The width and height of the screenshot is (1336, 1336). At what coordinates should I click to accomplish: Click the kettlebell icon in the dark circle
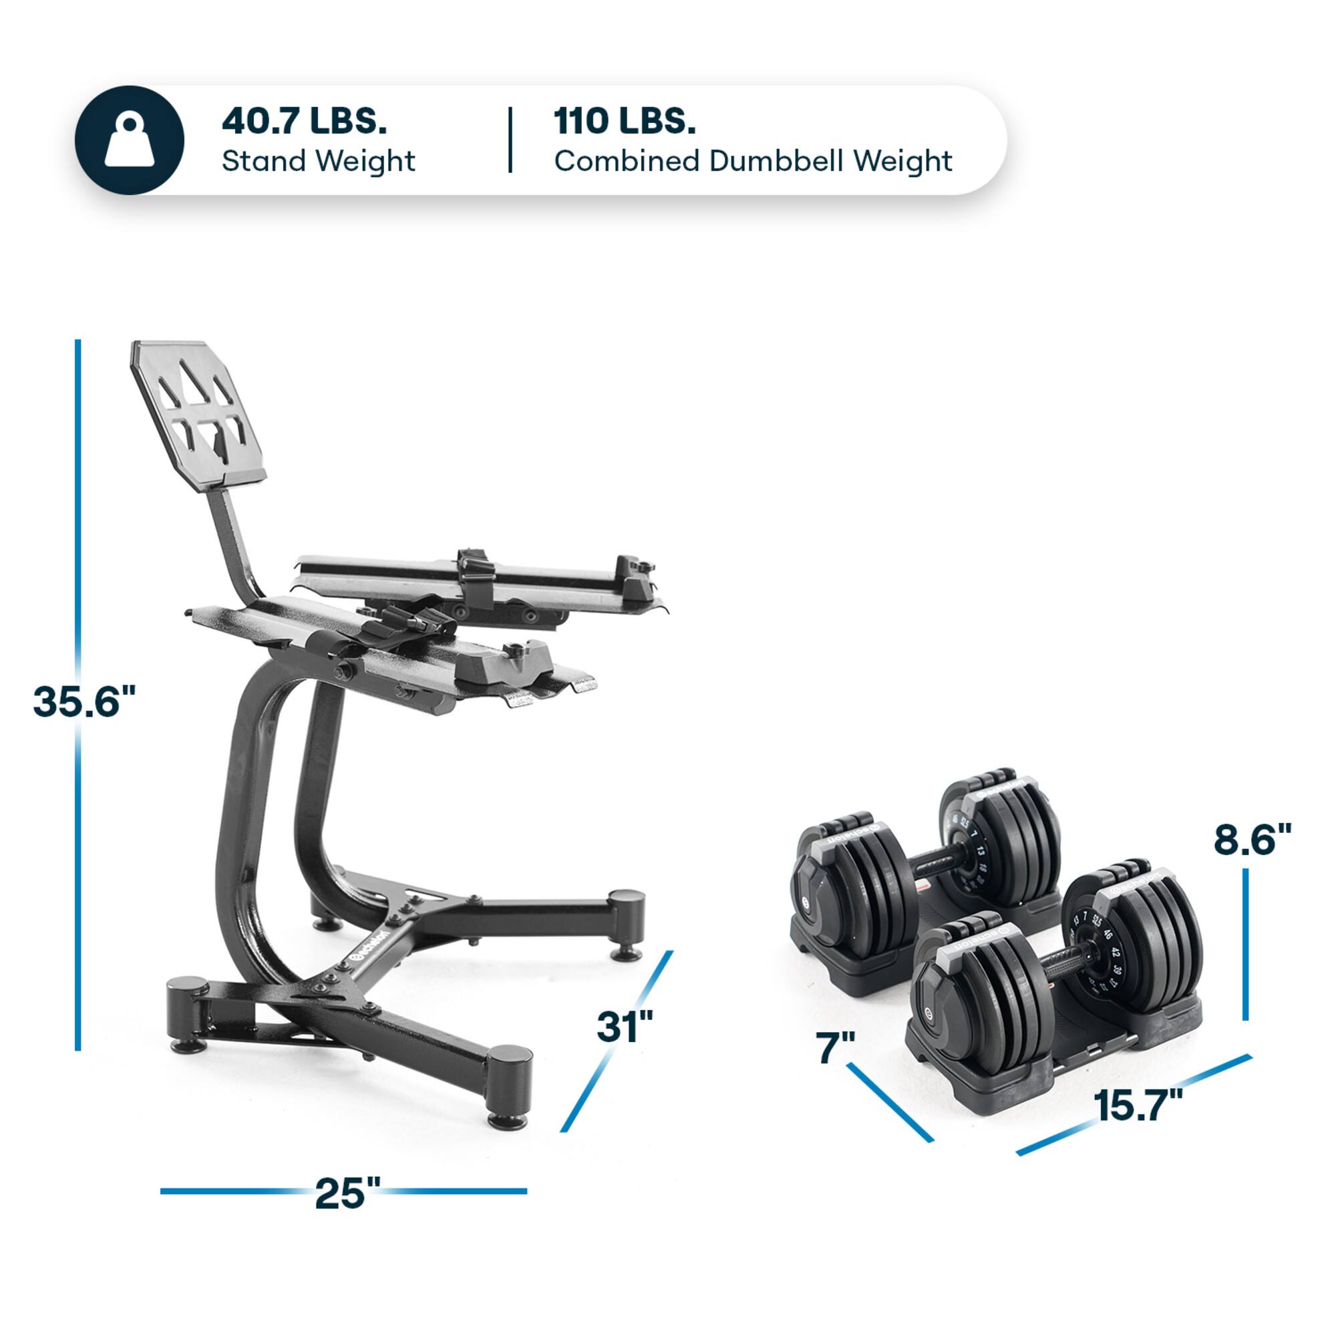pos(130,140)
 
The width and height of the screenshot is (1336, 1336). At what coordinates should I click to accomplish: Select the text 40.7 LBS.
pos(303,121)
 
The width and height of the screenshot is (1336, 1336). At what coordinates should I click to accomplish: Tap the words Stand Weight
pos(318,161)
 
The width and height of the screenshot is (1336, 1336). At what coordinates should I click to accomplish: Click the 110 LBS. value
pos(624,121)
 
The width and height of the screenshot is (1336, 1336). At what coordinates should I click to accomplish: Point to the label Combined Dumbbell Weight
pos(752,161)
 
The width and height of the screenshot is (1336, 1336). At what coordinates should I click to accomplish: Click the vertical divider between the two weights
pos(510,140)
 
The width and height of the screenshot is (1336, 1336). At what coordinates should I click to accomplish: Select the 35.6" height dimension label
pos(84,701)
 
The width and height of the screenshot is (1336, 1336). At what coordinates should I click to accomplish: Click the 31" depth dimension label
pos(625,1027)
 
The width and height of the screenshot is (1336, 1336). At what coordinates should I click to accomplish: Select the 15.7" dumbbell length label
pos(1138,1104)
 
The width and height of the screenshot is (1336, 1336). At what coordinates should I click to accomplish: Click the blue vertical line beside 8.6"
pos(1244,945)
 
